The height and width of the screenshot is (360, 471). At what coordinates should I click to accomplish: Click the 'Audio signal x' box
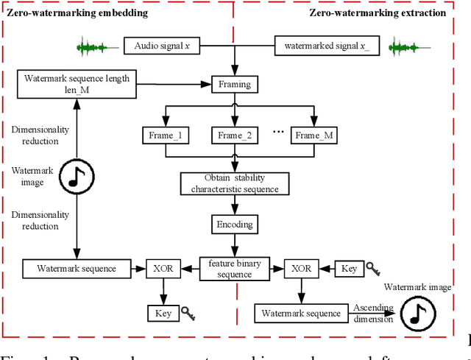[x=161, y=46]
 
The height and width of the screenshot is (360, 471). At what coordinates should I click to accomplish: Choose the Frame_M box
[x=314, y=135]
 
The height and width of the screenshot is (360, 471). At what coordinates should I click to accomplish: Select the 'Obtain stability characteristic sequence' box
[x=235, y=183]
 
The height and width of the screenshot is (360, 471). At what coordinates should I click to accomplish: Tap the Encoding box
[x=235, y=225]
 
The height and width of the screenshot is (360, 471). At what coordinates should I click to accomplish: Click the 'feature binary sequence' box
[x=235, y=269]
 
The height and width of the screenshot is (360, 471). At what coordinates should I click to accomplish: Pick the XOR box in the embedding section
[x=164, y=269]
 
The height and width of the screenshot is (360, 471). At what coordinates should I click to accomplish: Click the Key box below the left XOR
[x=163, y=313]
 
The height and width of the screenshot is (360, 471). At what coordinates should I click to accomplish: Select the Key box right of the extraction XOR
[x=349, y=269]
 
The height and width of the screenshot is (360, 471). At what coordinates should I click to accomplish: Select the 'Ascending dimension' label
[x=373, y=313]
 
